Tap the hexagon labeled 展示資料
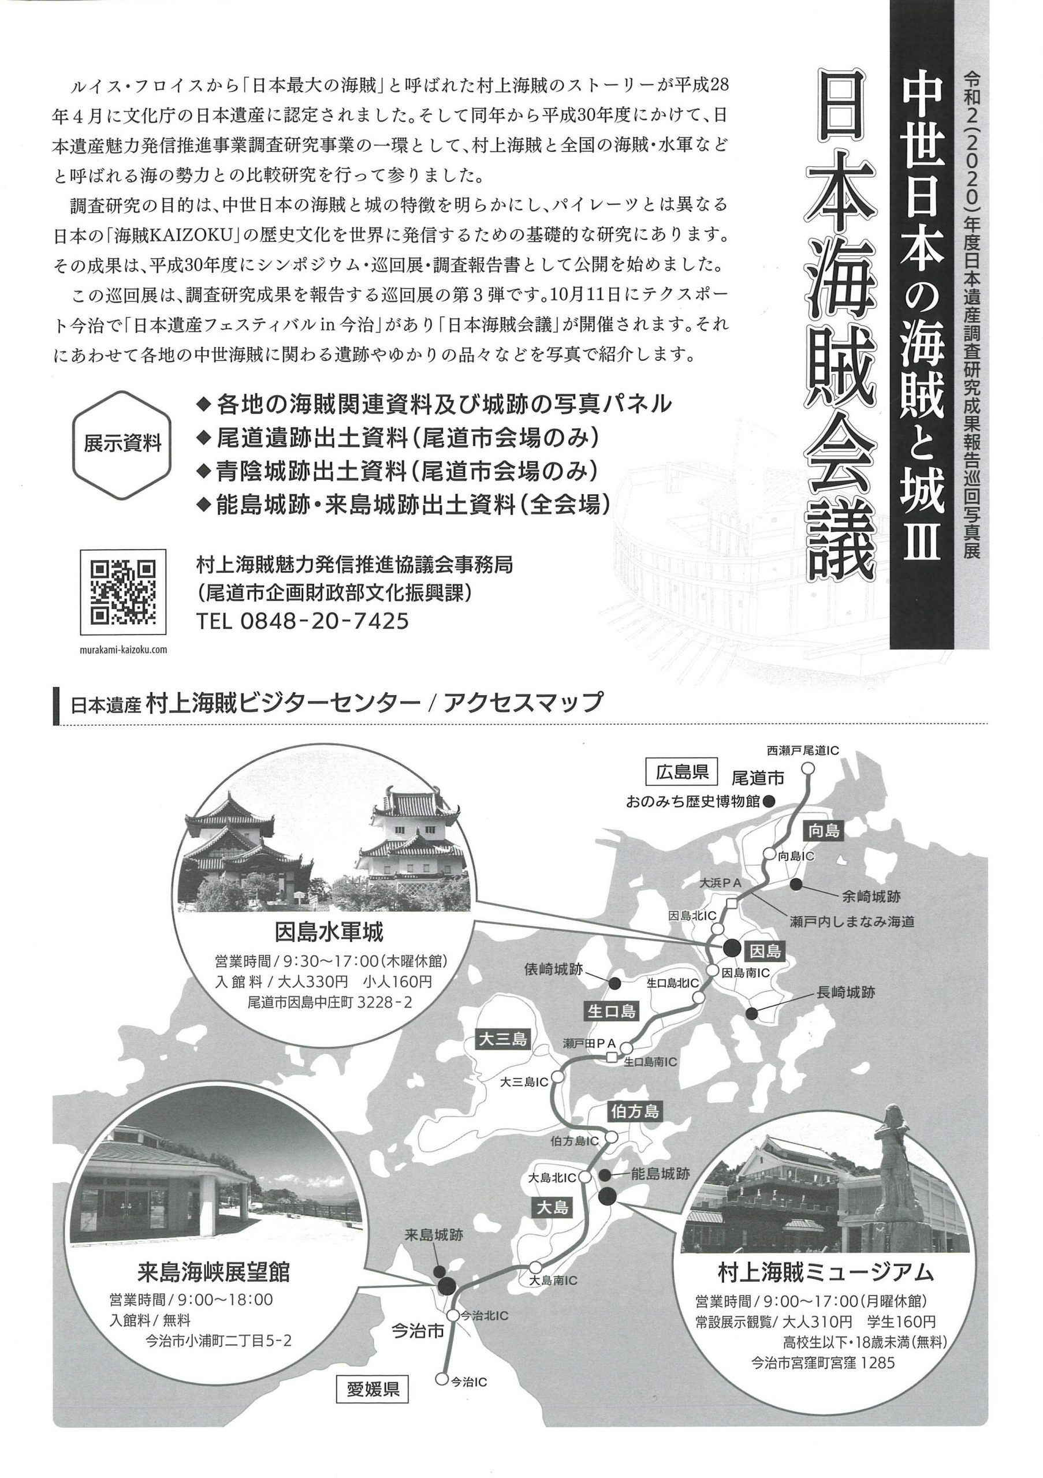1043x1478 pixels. click(122, 444)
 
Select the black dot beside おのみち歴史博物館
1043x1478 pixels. click(768, 801)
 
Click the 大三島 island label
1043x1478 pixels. click(504, 1039)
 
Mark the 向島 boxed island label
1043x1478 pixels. click(824, 831)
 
